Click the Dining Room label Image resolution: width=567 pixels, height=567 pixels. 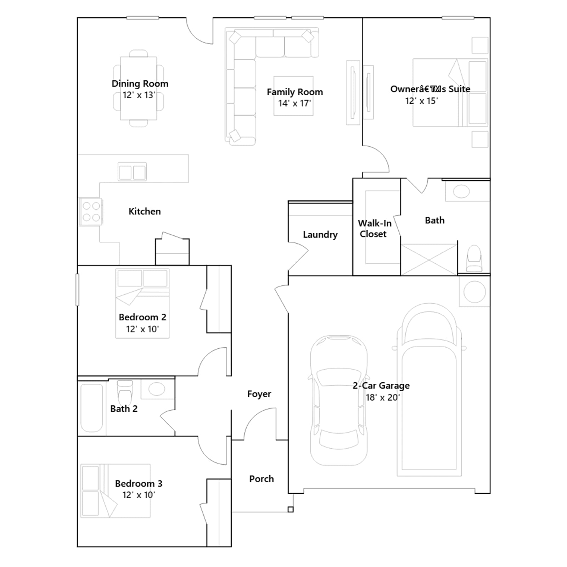pyautogui.click(x=140, y=84)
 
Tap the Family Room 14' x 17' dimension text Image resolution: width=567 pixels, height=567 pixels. pyautogui.click(x=294, y=103)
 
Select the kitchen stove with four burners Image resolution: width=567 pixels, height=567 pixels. pyautogui.click(x=91, y=212)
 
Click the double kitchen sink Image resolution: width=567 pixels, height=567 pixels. pyautogui.click(x=132, y=172)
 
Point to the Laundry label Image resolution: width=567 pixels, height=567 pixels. pyautogui.click(x=320, y=235)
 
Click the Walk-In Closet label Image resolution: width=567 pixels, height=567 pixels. pyautogui.click(x=374, y=229)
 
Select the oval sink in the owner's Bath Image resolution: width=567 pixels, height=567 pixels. pyautogui.click(x=461, y=192)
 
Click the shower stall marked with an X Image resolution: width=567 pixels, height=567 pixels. pyautogui.click(x=429, y=260)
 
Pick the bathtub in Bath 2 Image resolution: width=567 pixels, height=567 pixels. pyautogui.click(x=92, y=408)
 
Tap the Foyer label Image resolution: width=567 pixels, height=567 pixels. pyautogui.click(x=259, y=394)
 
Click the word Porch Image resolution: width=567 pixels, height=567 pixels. pyautogui.click(x=262, y=479)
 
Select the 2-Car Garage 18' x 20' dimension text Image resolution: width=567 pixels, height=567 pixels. pyautogui.click(x=382, y=398)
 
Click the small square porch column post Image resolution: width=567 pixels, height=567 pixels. pyautogui.click(x=291, y=510)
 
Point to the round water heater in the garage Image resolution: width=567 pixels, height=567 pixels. pyautogui.click(x=475, y=292)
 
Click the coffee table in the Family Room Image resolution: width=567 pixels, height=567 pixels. pyautogui.click(x=293, y=96)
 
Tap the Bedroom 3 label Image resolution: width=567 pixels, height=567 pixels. pyautogui.click(x=139, y=484)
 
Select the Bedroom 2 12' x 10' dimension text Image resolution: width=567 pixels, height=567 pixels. pyautogui.click(x=142, y=329)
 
